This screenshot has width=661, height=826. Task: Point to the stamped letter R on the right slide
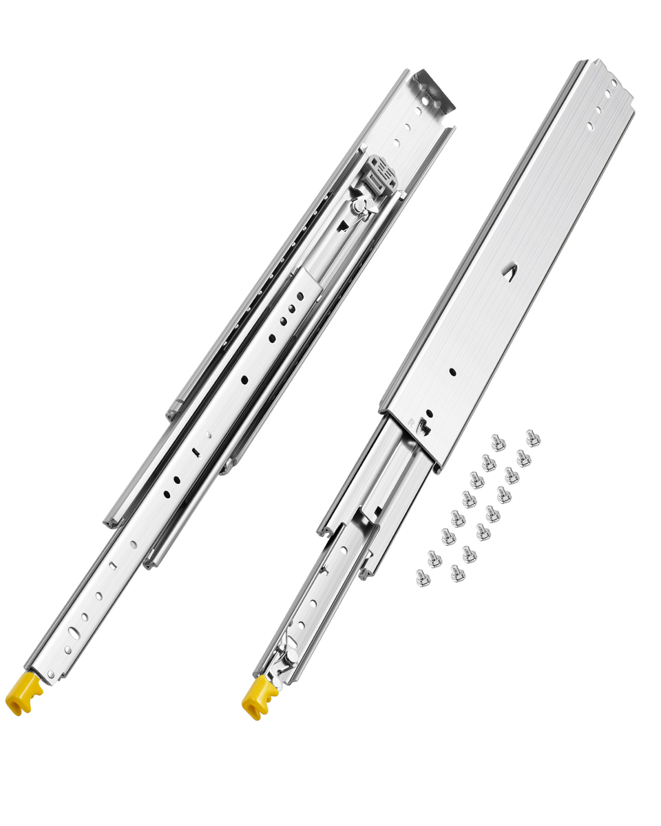click(x=412, y=421)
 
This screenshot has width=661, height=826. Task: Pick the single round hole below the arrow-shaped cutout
click(x=452, y=372)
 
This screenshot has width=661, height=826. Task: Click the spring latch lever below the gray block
click(x=361, y=206)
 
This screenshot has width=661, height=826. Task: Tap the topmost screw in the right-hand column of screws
click(x=532, y=438)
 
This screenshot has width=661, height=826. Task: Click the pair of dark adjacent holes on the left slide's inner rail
click(x=295, y=297)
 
